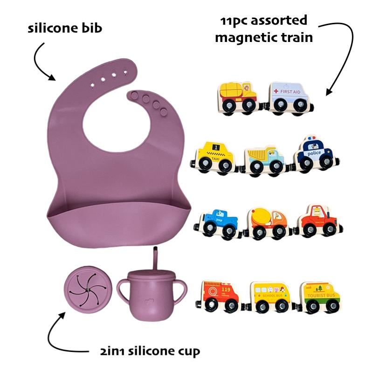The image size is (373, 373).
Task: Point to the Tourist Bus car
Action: (320, 297)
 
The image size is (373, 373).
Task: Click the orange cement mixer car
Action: (268, 221)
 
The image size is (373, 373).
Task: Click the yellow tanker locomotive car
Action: (238, 96)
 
